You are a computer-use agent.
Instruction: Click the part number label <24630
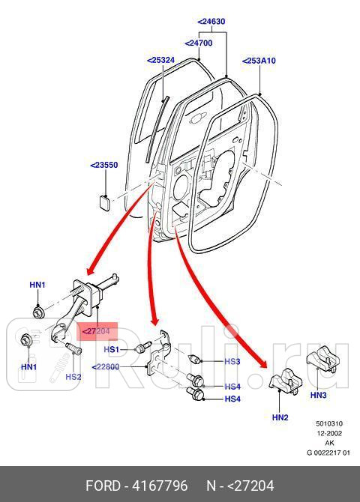coord(211,22)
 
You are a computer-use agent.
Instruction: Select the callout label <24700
coord(199,43)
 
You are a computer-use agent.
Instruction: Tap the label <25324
coord(160,60)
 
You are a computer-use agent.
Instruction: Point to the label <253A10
coord(259,61)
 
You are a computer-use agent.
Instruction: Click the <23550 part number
coord(103,165)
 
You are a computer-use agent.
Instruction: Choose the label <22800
coord(106,366)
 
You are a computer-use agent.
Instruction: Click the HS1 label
coord(111,350)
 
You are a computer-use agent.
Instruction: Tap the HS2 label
coord(73,377)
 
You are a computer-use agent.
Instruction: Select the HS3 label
coord(232,362)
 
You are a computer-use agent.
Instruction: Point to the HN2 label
coord(280,417)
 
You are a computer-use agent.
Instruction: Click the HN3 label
coord(319,394)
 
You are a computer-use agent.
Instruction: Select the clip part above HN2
coord(284,382)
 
